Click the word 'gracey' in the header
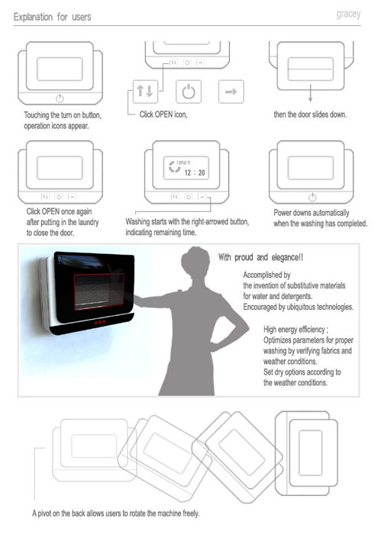348,14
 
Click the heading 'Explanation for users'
52,17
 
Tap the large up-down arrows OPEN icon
145,92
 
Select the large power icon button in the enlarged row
189,92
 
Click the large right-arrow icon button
231,92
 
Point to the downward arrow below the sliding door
310,92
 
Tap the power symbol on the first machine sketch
60,98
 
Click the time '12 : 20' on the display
195,172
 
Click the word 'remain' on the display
183,162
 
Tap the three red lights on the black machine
100,321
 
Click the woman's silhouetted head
195,262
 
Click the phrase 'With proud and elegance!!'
260,257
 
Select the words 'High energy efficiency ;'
296,330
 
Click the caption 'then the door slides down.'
310,114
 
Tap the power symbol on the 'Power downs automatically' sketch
312,197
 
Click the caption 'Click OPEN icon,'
163,114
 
